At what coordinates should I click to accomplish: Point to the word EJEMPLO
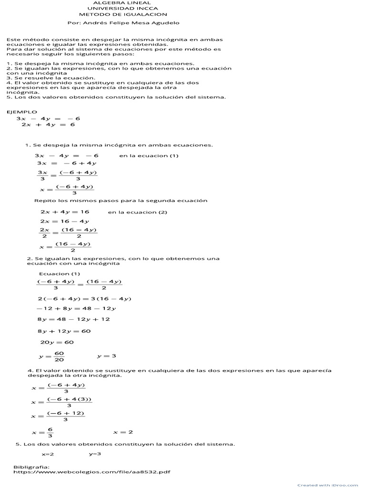click(x=21, y=112)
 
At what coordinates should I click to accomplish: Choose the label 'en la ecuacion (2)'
click(x=138, y=212)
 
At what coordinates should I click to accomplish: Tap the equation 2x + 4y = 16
click(x=65, y=212)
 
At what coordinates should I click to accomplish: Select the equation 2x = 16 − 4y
click(x=65, y=221)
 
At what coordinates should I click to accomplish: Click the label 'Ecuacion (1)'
click(x=60, y=274)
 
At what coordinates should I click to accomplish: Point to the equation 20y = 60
click(x=57, y=342)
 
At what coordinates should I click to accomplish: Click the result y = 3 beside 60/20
click(x=107, y=356)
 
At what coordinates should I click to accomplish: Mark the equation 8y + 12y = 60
click(x=64, y=331)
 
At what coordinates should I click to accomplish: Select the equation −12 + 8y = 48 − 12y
click(x=76, y=309)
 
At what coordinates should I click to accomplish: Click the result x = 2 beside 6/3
click(x=123, y=432)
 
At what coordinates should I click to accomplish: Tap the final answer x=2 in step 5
click(x=48, y=454)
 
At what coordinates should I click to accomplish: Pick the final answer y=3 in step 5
click(x=95, y=454)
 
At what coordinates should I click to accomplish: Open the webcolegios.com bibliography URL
click(x=92, y=472)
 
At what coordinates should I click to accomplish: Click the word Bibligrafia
click(x=31, y=467)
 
